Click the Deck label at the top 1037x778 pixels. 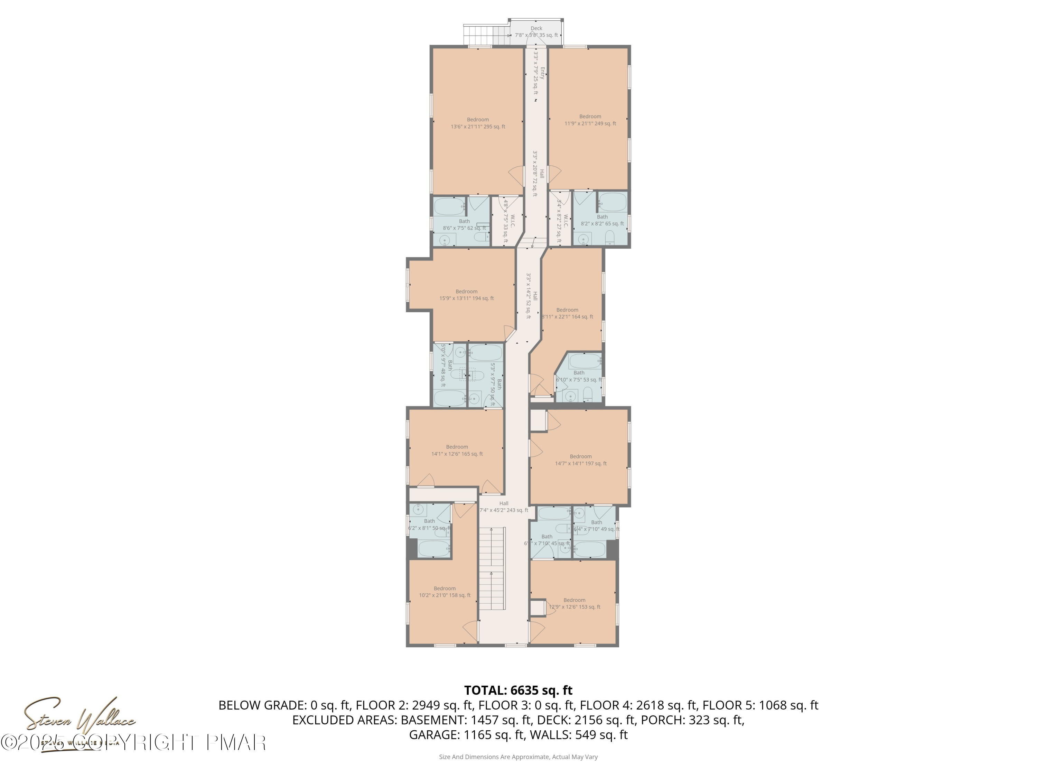(x=536, y=32)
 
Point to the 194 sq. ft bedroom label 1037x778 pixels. (x=466, y=295)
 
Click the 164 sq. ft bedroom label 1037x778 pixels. (x=567, y=313)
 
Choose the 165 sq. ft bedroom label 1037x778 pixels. (x=457, y=450)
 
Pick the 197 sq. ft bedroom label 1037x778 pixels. (x=581, y=460)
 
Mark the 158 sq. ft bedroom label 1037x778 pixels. (x=445, y=592)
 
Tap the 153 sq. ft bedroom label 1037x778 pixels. (x=574, y=603)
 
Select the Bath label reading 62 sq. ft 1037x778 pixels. (x=464, y=225)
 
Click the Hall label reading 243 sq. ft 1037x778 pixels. (x=504, y=507)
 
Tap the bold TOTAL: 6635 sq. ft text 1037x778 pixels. (x=518, y=690)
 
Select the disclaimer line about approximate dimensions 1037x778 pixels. (x=518, y=757)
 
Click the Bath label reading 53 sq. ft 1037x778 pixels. (x=579, y=377)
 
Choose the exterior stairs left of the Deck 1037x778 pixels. (x=486, y=35)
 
